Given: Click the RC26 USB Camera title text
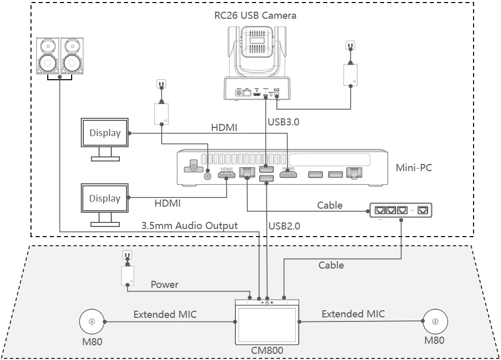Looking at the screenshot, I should (255, 15).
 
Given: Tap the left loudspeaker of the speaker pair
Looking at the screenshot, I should (48, 55).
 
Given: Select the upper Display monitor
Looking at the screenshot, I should (105, 134).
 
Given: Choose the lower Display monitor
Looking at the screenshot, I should (105, 199).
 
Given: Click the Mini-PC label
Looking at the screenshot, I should (414, 168).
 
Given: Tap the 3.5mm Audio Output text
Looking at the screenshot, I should (190, 226).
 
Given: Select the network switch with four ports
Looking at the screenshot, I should (402, 209).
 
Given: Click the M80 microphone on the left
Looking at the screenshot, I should (91, 321).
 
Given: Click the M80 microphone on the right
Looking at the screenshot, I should (434, 321).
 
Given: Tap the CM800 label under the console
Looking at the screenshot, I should (267, 350).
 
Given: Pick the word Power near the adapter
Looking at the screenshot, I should (165, 284).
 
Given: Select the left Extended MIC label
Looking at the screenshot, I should (165, 315).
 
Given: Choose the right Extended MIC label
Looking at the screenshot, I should (353, 314).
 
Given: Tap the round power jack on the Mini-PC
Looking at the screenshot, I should (207, 176).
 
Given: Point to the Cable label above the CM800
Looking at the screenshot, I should (331, 265).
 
